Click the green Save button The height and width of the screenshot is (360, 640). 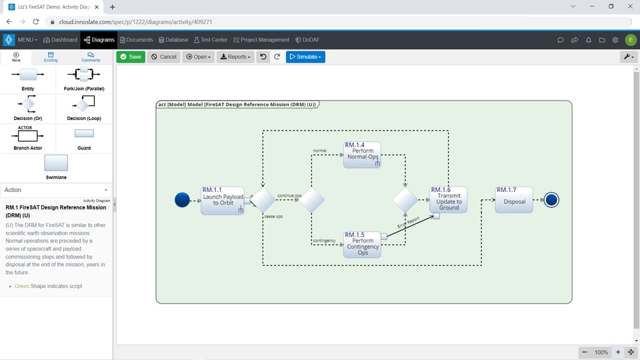131,57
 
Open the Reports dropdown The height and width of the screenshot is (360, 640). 235,57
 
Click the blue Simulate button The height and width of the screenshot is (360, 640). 305,57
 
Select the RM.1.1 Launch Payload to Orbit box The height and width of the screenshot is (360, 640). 222,200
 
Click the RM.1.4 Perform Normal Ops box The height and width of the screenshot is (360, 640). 362,154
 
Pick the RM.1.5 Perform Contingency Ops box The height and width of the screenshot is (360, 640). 362,245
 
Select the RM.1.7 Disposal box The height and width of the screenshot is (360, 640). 513,200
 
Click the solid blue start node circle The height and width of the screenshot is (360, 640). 182,200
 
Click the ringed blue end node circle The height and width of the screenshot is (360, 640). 551,200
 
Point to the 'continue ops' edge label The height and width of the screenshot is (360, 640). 289,195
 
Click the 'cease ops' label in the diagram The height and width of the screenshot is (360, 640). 273,217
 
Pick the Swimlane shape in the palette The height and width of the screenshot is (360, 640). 56,164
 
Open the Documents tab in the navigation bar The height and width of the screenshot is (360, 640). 136,40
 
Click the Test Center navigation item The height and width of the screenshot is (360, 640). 210,40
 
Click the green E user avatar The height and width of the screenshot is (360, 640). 629,40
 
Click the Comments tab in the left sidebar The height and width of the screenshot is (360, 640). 91,57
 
